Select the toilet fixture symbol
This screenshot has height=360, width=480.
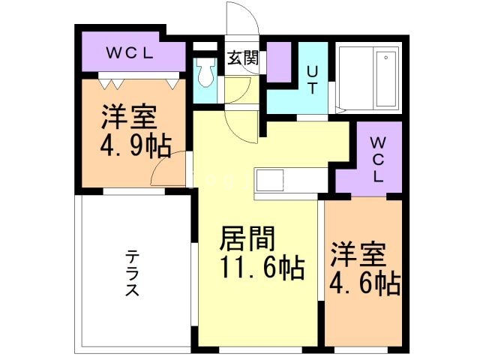click(205, 73)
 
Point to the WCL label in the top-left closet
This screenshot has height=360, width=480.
click(130, 53)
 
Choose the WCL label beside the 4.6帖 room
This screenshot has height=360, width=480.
click(378, 159)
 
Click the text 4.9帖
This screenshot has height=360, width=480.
click(135, 142)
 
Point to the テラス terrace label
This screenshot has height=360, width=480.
click(132, 274)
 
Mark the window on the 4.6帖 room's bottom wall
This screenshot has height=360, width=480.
click(363, 349)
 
